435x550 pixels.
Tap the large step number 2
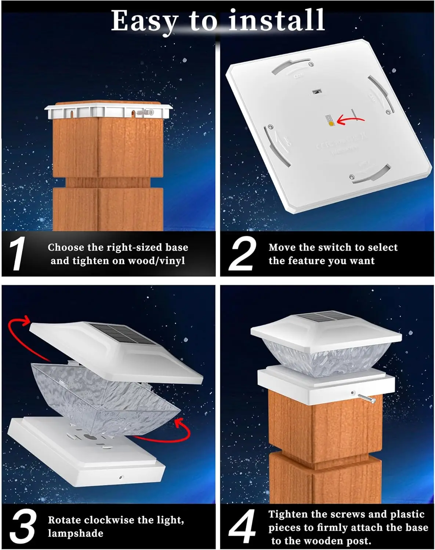(242, 254)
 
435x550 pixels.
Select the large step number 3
(23, 527)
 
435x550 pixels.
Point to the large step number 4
(242, 527)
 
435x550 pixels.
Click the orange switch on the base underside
(331, 124)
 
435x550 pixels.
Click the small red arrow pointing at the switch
(351, 120)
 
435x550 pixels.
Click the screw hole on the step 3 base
(121, 478)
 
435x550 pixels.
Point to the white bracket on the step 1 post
(109, 111)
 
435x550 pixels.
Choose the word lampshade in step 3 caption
(76, 533)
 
